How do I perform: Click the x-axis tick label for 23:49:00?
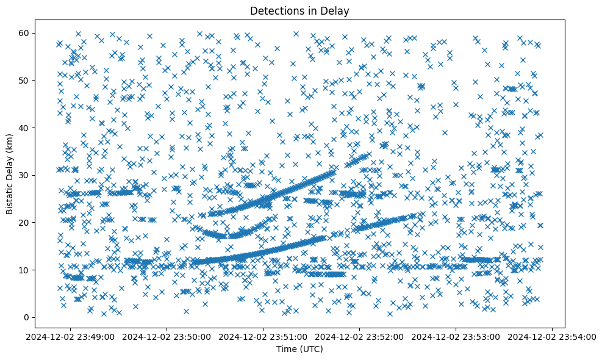[x=71, y=336]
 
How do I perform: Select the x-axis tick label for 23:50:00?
[x=167, y=336]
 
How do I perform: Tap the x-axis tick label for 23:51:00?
[x=263, y=336]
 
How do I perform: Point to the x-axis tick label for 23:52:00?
[x=360, y=336]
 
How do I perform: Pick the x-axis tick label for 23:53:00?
[x=456, y=336]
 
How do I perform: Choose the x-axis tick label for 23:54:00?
[x=553, y=336]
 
